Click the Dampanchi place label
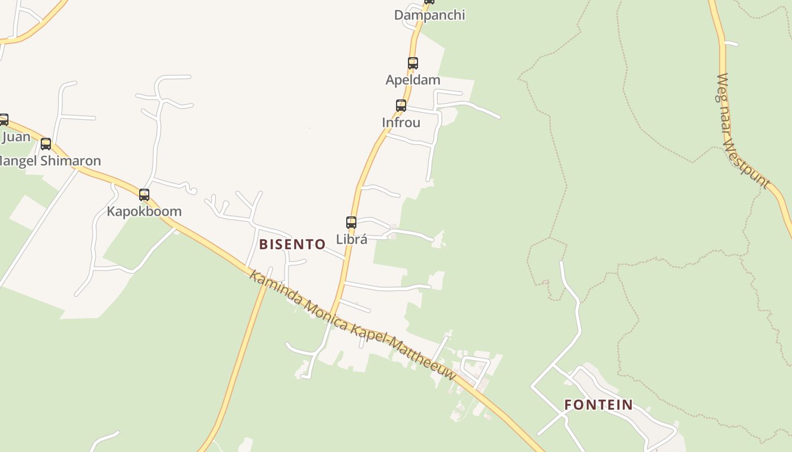[429, 15]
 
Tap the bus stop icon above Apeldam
[413, 63]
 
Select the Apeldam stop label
[413, 80]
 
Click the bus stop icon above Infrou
[401, 106]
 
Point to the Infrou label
[401, 123]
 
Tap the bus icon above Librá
[351, 223]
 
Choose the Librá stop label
[352, 240]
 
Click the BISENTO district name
[292, 245]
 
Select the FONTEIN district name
[599, 405]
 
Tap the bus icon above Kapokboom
[144, 195]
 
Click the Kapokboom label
[144, 212]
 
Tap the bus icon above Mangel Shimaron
[46, 144]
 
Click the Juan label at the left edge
[16, 137]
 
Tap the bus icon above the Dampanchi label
[429, 2]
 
